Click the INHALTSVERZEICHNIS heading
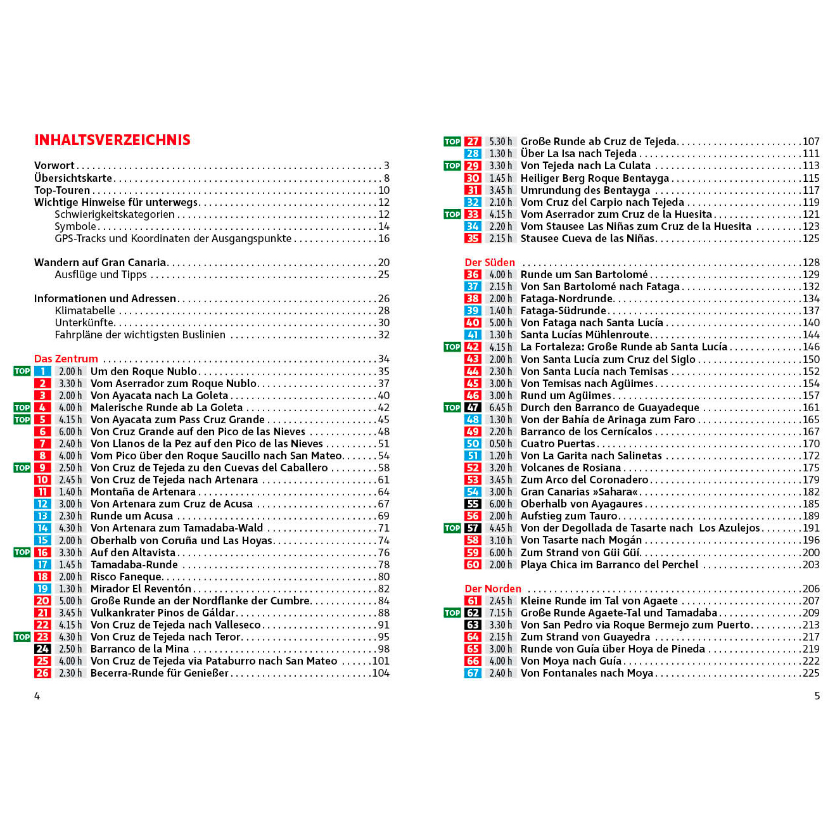[112, 140]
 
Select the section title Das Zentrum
[66, 359]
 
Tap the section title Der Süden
[490, 262]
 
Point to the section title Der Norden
[493, 589]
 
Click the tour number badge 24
[42, 649]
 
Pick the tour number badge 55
[473, 504]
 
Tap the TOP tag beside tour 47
[452, 407]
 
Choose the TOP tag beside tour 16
[22, 552]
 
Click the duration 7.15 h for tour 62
[500, 613]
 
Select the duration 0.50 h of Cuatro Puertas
[500, 443]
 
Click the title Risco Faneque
[126, 577]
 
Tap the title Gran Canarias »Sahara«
[579, 492]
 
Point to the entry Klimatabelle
[85, 310]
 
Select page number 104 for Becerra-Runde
[381, 673]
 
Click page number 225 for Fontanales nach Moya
[811, 673]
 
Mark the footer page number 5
[817, 696]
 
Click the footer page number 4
[37, 696]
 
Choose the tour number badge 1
[42, 371]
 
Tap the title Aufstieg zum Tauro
[569, 516]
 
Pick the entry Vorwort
[54, 165]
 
